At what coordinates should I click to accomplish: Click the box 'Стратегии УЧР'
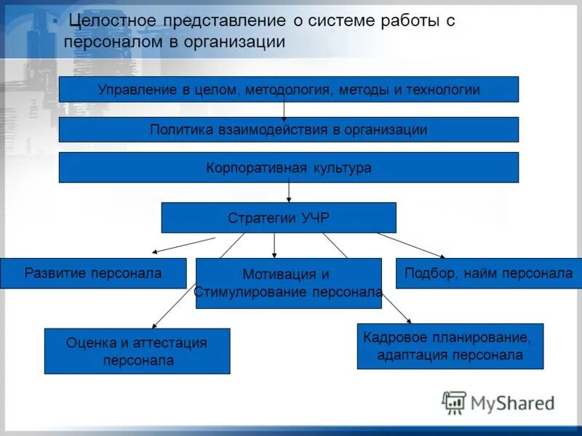point(278,217)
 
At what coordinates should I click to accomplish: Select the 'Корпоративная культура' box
point(288,167)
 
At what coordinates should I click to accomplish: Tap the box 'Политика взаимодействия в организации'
point(288,129)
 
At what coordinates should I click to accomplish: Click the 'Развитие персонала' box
point(93,273)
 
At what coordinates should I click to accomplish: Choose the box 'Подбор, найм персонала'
point(489,273)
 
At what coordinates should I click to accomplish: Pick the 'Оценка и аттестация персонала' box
point(137,351)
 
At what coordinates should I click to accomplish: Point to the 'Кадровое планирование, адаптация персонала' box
point(450,347)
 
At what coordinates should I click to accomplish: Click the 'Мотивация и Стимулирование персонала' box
point(288,283)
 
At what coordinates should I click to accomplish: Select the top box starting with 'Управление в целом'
point(288,89)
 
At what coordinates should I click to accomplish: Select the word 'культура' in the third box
point(340,167)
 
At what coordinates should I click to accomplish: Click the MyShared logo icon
point(454,402)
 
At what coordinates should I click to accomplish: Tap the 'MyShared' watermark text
point(512,403)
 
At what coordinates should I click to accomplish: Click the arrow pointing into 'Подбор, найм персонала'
point(411,245)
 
